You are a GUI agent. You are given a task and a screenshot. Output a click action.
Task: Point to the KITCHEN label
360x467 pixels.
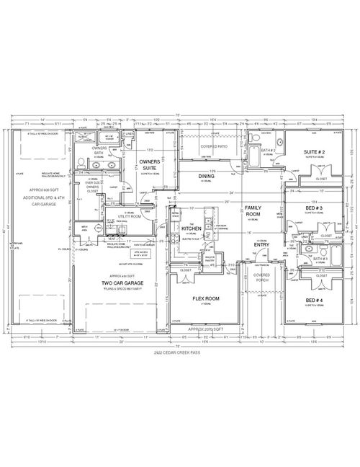click(x=191, y=228)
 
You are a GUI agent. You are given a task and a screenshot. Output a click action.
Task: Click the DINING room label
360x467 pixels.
click(x=206, y=175)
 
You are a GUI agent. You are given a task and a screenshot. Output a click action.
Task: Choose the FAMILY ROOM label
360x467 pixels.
click(x=253, y=210)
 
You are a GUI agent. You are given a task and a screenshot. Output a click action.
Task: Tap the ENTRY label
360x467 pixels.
click(x=261, y=245)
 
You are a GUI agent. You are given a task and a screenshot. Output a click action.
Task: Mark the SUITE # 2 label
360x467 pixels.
click(x=315, y=152)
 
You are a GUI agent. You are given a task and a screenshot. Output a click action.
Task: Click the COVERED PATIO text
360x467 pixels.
click(x=214, y=146)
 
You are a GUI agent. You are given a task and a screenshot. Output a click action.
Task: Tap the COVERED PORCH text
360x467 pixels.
click(x=261, y=277)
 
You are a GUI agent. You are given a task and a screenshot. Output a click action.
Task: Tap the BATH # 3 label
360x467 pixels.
click(x=320, y=259)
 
